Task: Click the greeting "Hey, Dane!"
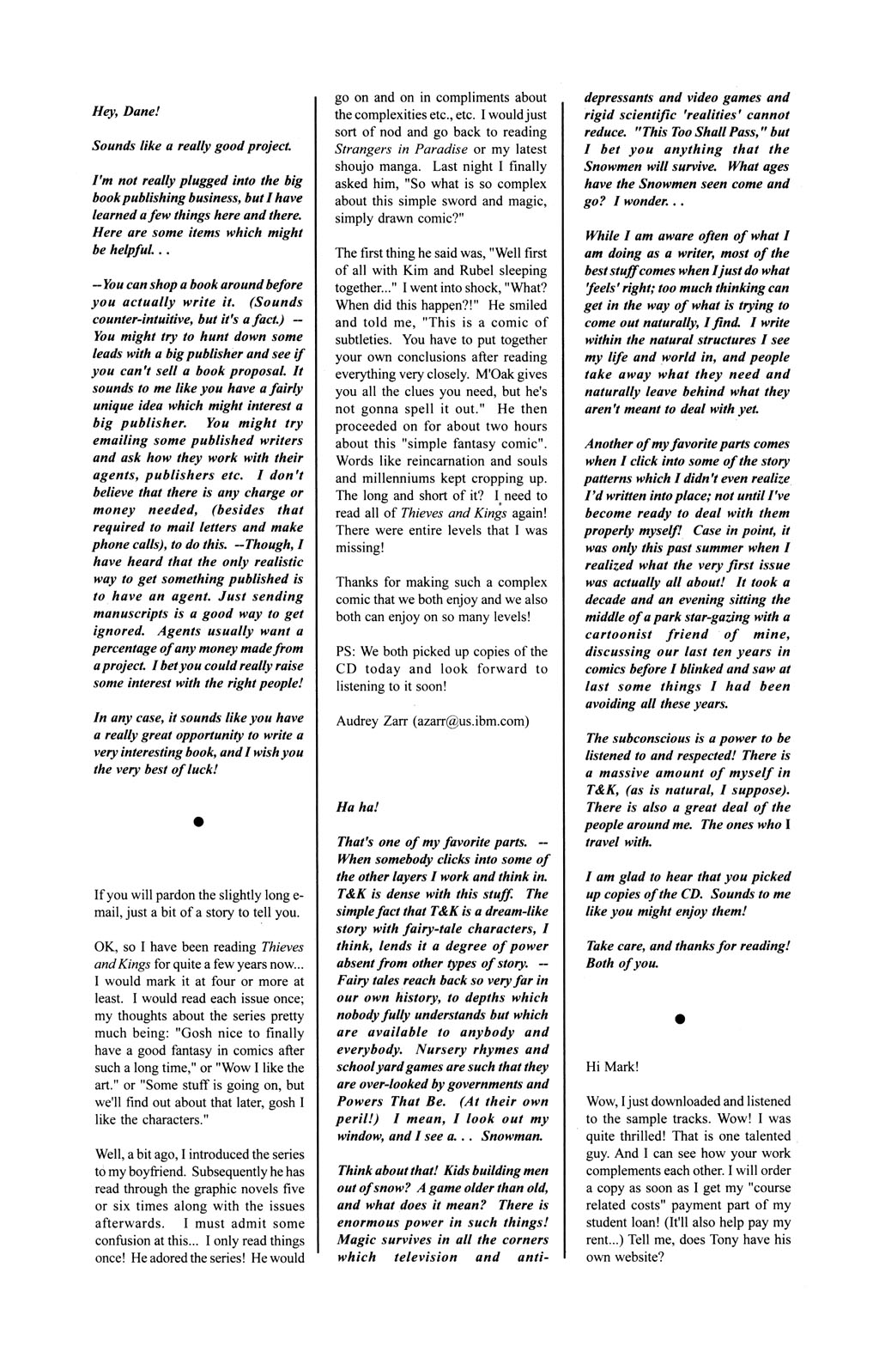(122, 111)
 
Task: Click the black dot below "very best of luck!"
(197, 822)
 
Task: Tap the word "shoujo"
(355, 183)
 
